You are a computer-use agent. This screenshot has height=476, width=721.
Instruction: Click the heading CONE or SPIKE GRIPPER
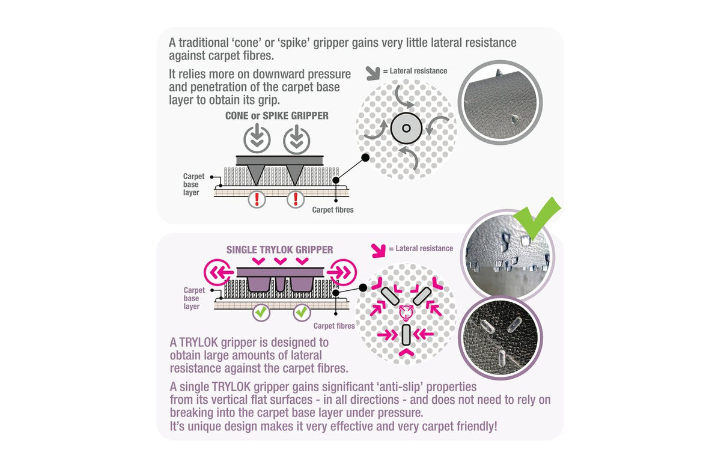click(x=277, y=115)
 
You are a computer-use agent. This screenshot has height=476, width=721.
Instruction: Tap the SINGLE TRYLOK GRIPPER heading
click(x=280, y=249)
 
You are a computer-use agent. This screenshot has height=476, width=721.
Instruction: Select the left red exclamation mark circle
click(x=257, y=200)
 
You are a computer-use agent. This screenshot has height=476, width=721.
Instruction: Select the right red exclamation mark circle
click(x=296, y=200)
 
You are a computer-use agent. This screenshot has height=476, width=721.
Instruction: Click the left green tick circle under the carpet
click(x=261, y=312)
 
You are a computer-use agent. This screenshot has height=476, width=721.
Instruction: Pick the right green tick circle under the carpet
click(x=302, y=312)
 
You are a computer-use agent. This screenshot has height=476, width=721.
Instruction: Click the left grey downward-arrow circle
click(x=257, y=139)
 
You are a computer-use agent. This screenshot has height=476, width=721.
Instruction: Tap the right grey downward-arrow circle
click(x=296, y=139)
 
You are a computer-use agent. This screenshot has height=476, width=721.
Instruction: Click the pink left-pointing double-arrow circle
click(x=219, y=272)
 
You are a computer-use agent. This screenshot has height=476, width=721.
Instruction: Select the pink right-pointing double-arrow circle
click(x=342, y=272)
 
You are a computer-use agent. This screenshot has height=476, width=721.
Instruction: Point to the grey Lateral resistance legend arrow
click(x=373, y=73)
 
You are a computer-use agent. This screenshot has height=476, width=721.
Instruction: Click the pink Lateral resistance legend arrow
click(x=378, y=251)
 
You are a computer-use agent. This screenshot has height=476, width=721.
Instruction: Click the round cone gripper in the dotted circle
click(x=406, y=128)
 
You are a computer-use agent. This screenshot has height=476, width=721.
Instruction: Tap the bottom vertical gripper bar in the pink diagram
click(x=406, y=335)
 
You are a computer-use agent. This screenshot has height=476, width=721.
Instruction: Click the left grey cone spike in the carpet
click(x=256, y=174)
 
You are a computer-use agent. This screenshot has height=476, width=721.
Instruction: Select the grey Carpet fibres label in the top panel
click(x=333, y=210)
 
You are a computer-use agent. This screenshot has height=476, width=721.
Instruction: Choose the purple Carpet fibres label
click(x=334, y=326)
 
